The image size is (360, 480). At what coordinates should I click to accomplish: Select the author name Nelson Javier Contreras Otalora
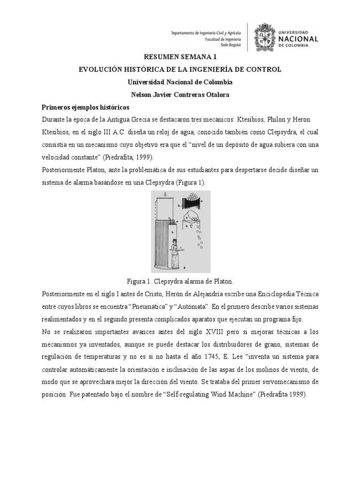[180, 94]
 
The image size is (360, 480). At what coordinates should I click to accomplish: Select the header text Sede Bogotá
[230, 46]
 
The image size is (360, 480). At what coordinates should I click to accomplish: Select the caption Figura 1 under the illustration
[180, 281]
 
